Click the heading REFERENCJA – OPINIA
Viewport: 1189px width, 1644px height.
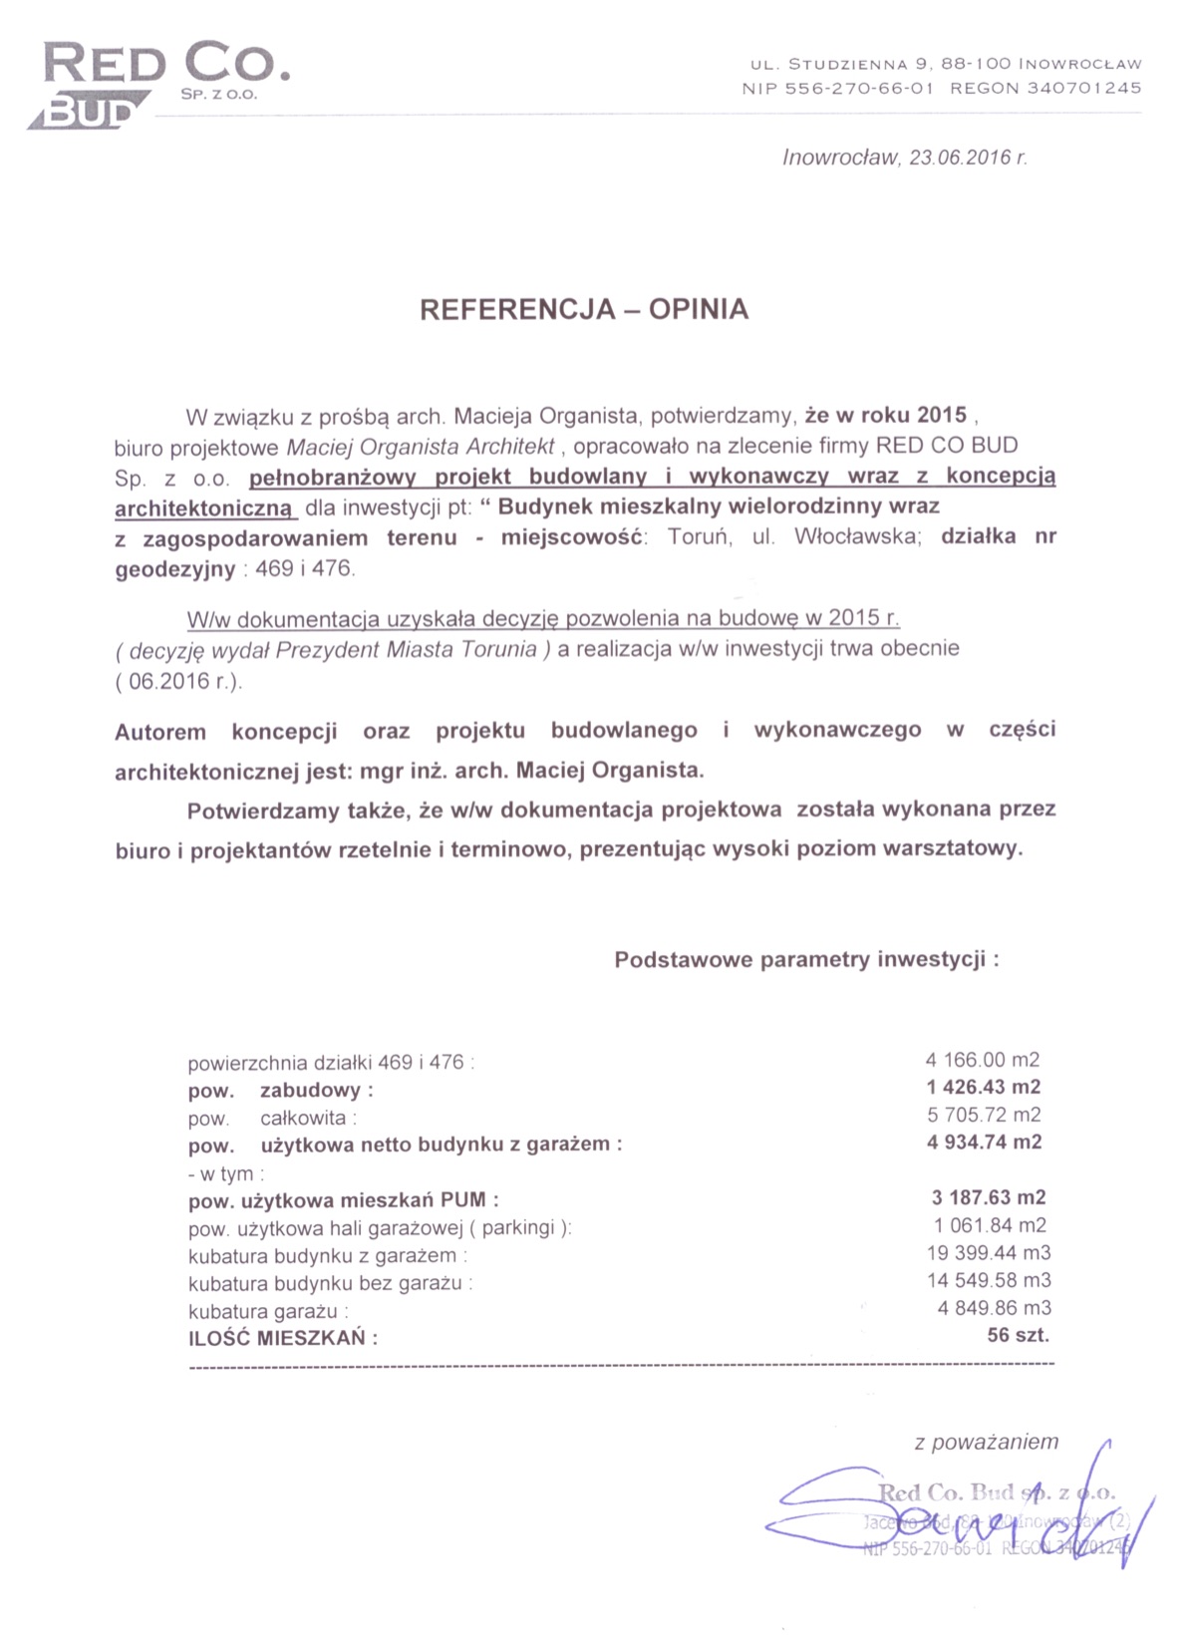click(584, 309)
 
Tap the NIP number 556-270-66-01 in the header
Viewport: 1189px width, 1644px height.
click(859, 88)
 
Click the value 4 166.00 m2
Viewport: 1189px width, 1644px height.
click(982, 1060)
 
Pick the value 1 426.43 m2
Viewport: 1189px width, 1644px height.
click(983, 1087)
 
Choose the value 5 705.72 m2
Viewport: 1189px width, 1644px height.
click(983, 1115)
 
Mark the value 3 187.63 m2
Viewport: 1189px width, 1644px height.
click(988, 1197)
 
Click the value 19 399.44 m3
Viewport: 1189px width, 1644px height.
click(988, 1252)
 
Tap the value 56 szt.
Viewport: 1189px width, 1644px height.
click(1018, 1335)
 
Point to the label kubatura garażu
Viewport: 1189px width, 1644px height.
click(264, 1311)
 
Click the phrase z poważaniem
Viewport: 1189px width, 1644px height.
click(986, 1442)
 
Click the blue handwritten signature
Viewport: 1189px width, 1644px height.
click(957, 1515)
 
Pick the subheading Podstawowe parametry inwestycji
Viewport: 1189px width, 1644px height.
click(804, 960)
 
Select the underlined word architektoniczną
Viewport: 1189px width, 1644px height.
click(204, 508)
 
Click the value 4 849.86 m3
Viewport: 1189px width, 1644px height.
click(994, 1307)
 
